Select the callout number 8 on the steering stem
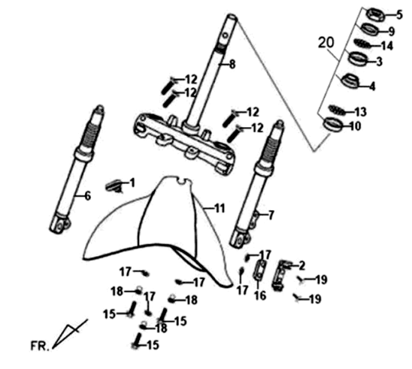coord(232,65)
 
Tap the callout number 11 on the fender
coord(219,207)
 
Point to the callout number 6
coord(87,196)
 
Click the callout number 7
coord(271,215)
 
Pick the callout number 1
coord(132,183)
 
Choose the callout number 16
coord(260,295)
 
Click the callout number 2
coord(301,265)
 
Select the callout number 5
coord(389,14)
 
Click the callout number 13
coord(361,112)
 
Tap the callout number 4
coord(371,86)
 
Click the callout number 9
coord(391,31)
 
